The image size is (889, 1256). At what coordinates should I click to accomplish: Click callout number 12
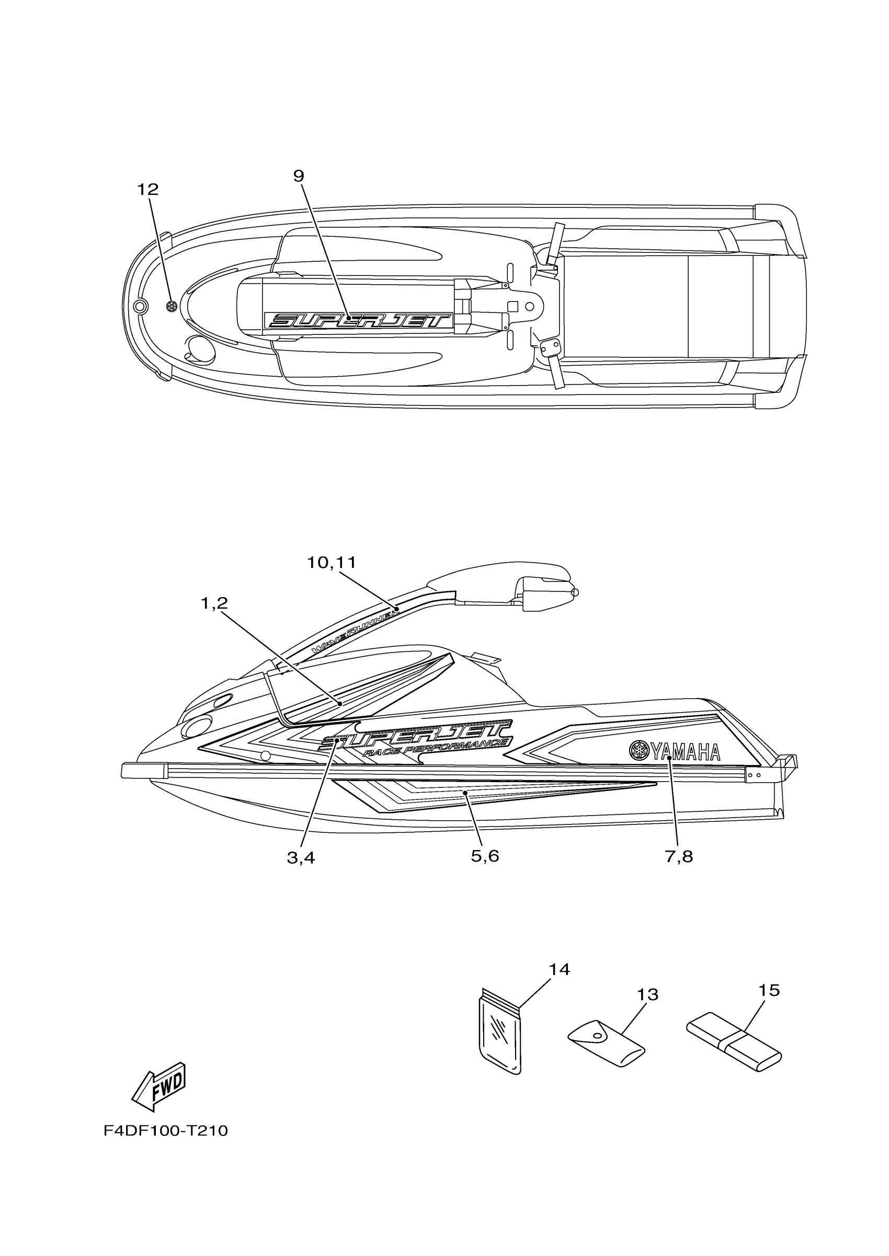pyautogui.click(x=147, y=189)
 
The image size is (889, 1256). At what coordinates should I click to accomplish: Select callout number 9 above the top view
pyautogui.click(x=299, y=176)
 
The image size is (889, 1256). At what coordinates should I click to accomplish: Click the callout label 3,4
pyautogui.click(x=301, y=857)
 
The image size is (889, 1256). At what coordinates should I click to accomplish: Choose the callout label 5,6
pyautogui.click(x=484, y=856)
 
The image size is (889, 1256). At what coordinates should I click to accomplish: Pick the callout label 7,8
pyautogui.click(x=679, y=857)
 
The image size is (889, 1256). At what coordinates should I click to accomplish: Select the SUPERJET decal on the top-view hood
pyautogui.click(x=359, y=320)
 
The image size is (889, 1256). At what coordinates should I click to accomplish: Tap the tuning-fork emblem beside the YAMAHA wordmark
pyautogui.click(x=638, y=749)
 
